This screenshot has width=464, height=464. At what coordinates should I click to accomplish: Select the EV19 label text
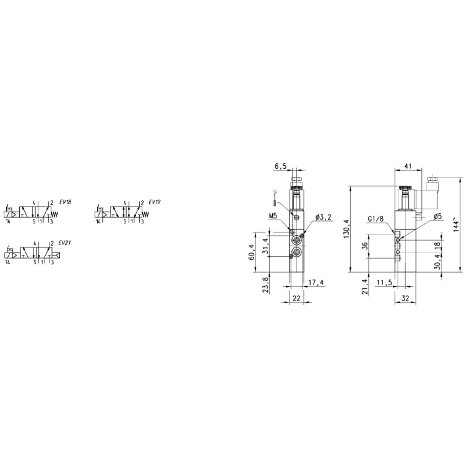tap(155, 202)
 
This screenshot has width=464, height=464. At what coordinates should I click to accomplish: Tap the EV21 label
tap(65, 243)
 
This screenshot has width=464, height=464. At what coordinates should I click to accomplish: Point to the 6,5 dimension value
tap(280, 166)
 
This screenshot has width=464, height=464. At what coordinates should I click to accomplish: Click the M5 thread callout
tap(273, 216)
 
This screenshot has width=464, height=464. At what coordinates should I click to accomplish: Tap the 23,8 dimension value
tap(265, 284)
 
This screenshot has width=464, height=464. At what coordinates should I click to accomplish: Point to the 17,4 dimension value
tap(316, 282)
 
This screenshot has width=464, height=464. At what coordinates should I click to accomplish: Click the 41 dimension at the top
tap(408, 166)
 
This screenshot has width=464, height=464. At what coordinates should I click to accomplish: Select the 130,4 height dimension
tap(346, 229)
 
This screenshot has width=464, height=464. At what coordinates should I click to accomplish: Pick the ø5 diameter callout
tap(437, 217)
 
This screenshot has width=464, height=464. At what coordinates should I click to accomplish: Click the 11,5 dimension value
tap(384, 283)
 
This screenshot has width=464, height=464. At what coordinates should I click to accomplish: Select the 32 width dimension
tap(405, 298)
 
